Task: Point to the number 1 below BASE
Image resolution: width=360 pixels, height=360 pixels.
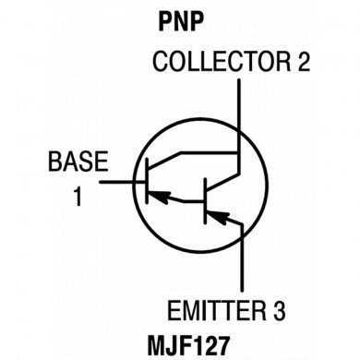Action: pos(78,196)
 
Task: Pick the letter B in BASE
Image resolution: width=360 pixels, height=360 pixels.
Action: pos(54,163)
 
